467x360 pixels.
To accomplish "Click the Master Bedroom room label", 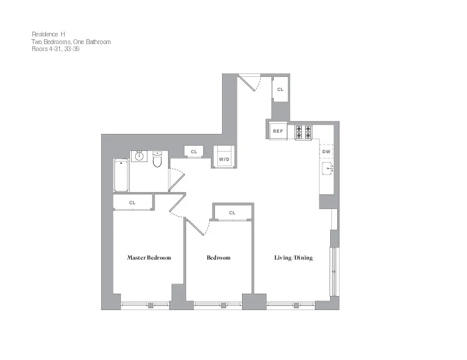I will tap(149, 258).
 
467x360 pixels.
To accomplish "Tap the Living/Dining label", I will tap(293, 258).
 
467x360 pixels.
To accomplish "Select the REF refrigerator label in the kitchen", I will tap(278, 132).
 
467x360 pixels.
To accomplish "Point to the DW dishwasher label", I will tap(326, 152).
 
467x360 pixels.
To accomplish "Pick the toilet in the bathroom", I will tap(157, 159).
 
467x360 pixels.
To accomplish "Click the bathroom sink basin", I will tap(139, 156).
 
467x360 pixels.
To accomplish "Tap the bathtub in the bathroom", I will tap(121, 176).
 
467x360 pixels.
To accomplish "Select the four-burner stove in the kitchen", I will tap(303, 132).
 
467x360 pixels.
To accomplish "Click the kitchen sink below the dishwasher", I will tap(327, 170).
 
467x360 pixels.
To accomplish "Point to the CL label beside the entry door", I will tap(280, 90).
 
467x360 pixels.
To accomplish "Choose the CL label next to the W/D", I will tap(193, 152).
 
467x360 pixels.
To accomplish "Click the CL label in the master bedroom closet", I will tap(132, 203).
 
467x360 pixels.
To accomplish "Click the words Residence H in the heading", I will tap(48, 35).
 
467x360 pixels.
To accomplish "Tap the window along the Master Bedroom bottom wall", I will tap(146, 304).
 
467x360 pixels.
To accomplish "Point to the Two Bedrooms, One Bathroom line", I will tap(70, 42).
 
